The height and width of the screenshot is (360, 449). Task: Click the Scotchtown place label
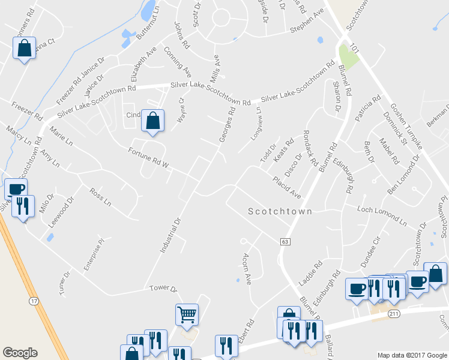pos(280,212)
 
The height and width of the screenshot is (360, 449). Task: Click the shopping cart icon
pos(187,313)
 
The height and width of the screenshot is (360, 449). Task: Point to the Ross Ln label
pos(100,197)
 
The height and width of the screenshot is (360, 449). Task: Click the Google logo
pos(20,353)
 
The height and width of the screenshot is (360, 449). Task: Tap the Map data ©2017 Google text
pos(411,355)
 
